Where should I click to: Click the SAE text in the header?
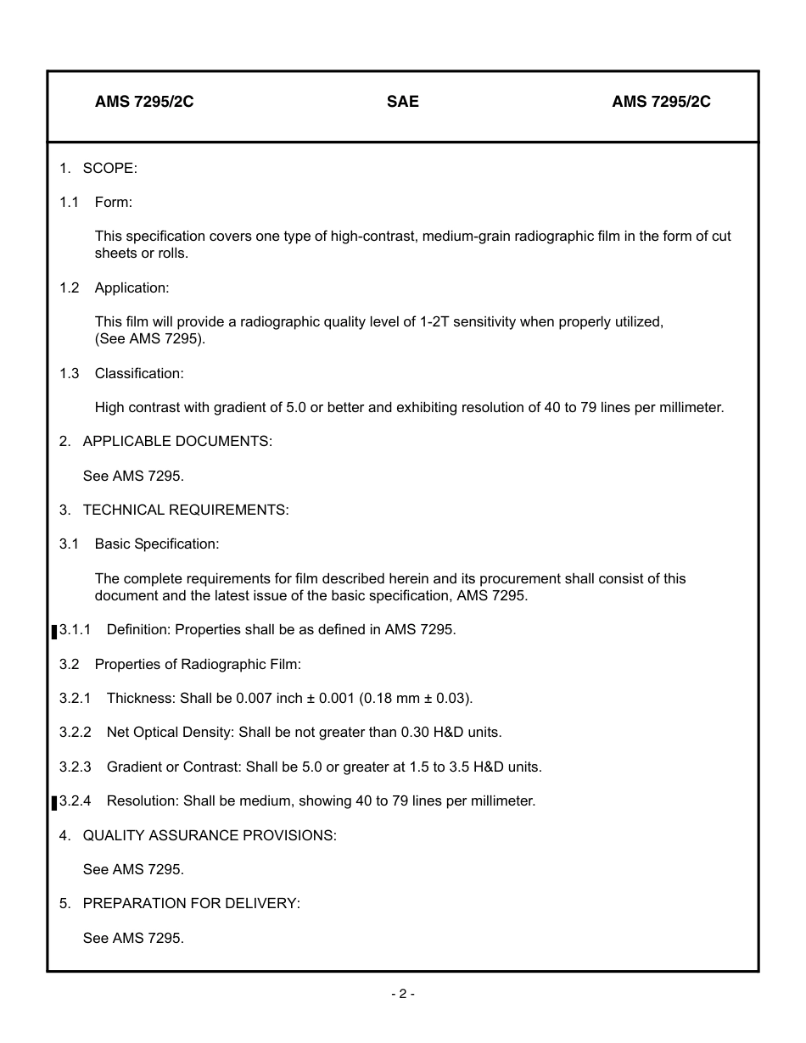click(402, 102)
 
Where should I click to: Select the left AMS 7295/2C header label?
click(144, 102)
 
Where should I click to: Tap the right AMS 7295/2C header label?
click(661, 102)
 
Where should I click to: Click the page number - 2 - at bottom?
click(403, 994)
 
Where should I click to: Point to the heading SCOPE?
click(109, 168)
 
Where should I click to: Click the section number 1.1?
click(69, 202)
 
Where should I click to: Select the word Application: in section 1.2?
click(132, 287)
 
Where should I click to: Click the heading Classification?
click(139, 373)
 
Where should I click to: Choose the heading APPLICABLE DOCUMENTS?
click(177, 442)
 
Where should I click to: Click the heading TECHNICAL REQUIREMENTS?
click(186, 510)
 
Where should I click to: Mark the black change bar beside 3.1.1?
click(55, 631)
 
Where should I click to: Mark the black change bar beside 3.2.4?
click(55, 802)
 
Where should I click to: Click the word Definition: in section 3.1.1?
click(138, 630)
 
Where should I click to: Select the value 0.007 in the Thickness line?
click(255, 699)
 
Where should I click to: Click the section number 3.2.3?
click(75, 767)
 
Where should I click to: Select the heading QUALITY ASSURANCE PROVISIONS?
click(210, 835)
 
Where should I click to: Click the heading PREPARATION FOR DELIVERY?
click(191, 904)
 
